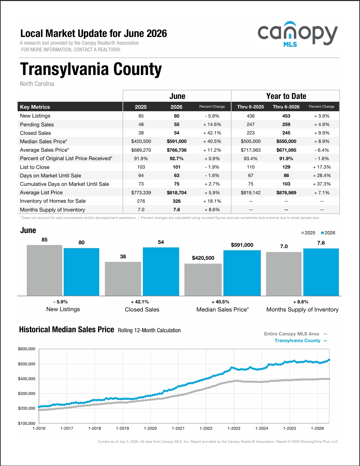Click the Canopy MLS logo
click(298, 34)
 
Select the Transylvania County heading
click(91, 69)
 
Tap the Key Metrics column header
click(35, 107)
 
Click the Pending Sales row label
click(37, 124)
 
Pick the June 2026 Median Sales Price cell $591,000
click(177, 141)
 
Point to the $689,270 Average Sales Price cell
click(141, 150)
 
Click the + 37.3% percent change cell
click(322, 184)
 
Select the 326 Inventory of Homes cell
click(177, 201)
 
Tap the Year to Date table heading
click(286, 96)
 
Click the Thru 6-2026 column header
click(286, 107)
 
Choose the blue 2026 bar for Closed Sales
click(161, 272)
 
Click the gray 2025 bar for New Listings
click(44, 270)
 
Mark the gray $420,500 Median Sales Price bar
click(203, 280)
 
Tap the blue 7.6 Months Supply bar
click(321, 272)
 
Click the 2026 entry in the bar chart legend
click(328, 233)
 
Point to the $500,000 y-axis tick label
click(27, 364)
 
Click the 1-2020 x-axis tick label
click(150, 428)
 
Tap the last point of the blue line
click(329, 360)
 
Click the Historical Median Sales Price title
click(67, 329)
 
